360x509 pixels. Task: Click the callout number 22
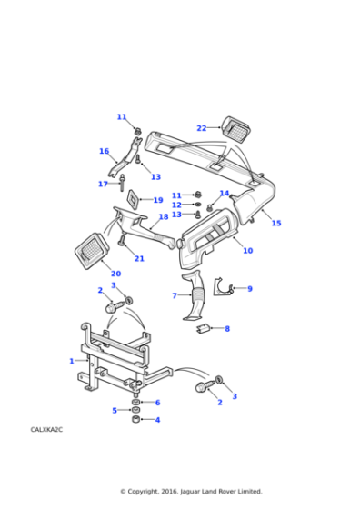pos(202,128)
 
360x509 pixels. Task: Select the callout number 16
pos(104,152)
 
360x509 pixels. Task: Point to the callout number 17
pos(103,185)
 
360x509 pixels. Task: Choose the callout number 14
pos(225,194)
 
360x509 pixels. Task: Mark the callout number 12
pos(176,205)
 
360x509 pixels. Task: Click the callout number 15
pos(276,223)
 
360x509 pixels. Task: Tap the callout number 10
pos(247,250)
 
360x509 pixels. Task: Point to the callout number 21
pos(139,259)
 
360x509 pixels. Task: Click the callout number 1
pos(72,361)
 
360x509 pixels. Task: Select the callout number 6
pos(157,403)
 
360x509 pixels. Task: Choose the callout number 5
pos(115,411)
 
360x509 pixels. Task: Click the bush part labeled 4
pos(135,420)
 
